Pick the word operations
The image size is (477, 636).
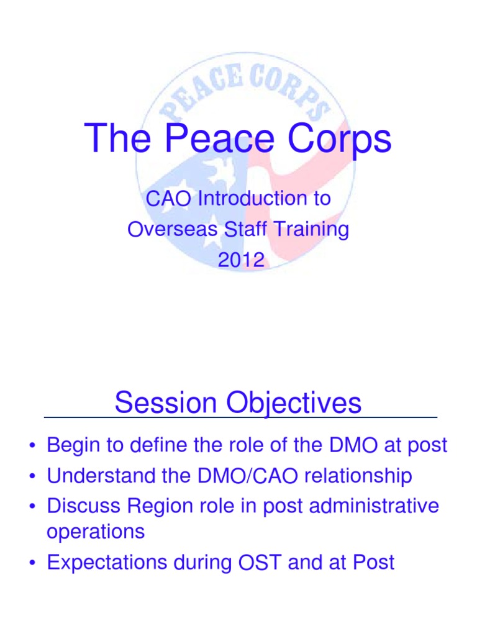[96, 532]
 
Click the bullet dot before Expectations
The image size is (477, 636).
[31, 563]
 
